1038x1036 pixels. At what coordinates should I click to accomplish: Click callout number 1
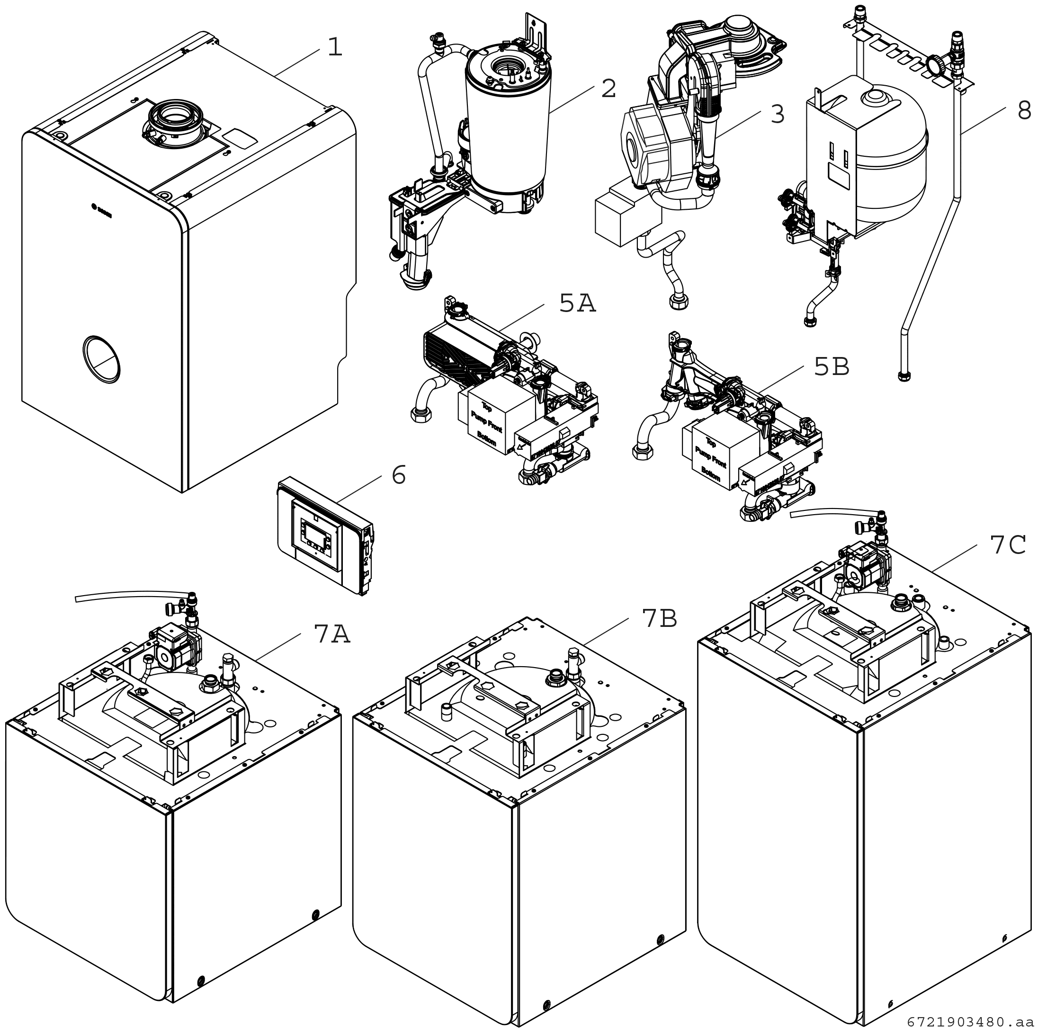tap(335, 47)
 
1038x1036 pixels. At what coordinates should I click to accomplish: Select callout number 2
tap(608, 89)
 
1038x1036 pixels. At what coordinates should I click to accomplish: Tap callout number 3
tap(777, 115)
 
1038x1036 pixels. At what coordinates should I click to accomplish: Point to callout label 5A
tap(578, 304)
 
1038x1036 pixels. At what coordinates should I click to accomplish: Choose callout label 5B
tap(832, 367)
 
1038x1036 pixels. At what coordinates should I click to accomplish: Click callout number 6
tap(398, 475)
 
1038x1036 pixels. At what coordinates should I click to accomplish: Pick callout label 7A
tap(331, 634)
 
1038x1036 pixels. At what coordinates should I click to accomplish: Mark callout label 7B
tap(659, 618)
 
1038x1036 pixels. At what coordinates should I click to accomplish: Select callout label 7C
tap(1008, 545)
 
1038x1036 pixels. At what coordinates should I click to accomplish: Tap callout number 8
tap(1024, 111)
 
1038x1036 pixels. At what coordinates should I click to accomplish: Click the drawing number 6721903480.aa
tap(970, 1021)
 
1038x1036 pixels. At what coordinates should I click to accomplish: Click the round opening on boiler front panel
tap(101, 359)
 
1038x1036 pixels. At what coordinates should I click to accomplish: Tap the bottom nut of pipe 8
tap(904, 375)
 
